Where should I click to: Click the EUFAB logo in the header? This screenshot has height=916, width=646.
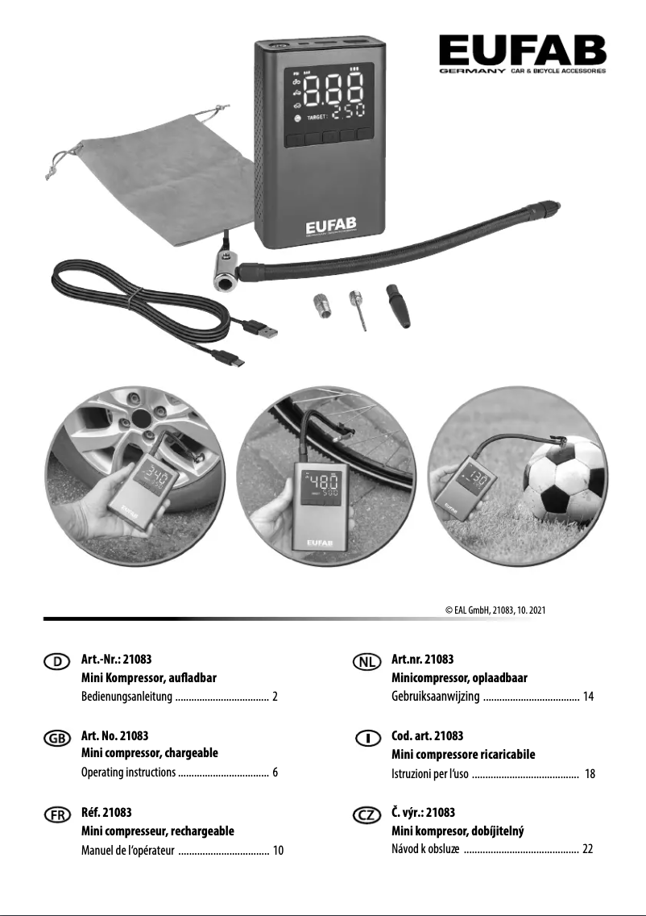point(522,52)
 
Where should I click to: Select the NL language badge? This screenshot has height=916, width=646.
point(367,661)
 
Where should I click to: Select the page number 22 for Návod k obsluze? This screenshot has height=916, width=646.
point(588,849)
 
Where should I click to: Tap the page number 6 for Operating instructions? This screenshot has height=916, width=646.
point(275,772)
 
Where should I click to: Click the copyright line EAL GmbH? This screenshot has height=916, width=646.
point(495,610)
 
